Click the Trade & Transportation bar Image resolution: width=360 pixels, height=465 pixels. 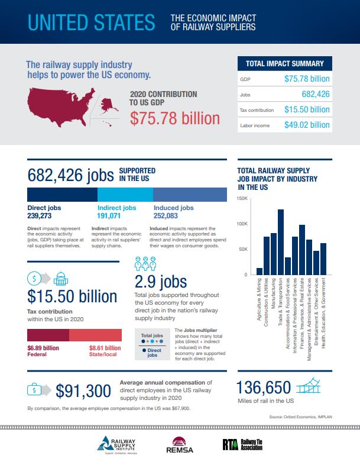tap(281, 242)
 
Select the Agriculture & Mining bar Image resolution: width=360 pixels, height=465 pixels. tap(260, 272)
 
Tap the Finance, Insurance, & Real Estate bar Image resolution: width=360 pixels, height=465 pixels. tap(302, 250)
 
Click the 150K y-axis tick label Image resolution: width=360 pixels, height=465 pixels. tap(242, 198)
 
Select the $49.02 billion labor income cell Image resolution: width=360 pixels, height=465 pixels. tap(307, 125)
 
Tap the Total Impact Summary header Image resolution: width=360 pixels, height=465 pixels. tap(284, 63)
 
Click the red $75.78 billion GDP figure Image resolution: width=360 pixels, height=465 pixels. tap(174, 118)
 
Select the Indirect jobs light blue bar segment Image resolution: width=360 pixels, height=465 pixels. tap(125, 195)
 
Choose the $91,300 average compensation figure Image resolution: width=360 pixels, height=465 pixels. tap(83, 391)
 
